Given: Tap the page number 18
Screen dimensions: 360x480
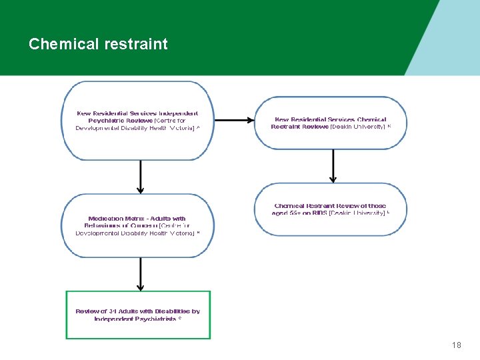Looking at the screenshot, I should tap(456, 345).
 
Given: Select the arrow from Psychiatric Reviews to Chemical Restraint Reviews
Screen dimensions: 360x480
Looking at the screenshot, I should tap(233, 121).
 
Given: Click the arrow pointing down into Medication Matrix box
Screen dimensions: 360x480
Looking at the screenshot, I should tap(140, 177).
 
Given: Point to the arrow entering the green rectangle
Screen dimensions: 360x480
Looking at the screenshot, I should tap(140, 273).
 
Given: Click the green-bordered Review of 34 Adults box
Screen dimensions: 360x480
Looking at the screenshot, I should tap(138, 315).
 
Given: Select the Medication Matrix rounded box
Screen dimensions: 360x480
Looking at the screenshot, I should tap(138, 225).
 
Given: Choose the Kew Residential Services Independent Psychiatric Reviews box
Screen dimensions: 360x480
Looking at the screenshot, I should tap(138, 121).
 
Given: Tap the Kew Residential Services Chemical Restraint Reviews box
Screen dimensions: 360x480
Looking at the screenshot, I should tap(331, 122).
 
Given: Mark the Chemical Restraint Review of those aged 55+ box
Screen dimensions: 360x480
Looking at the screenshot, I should tap(331, 209).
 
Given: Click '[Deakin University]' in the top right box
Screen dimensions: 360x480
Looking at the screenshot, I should tap(358, 127).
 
